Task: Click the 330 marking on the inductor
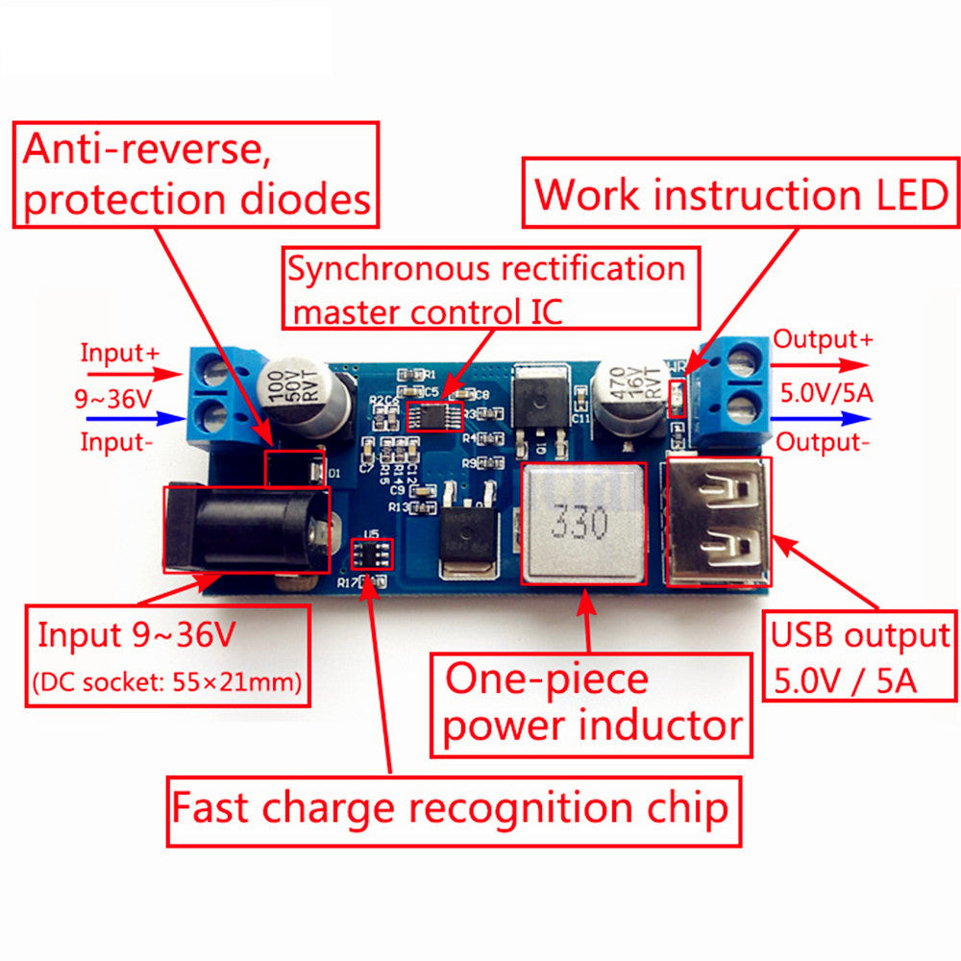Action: point(579,525)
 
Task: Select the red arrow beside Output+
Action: point(822,365)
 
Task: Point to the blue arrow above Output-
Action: point(822,418)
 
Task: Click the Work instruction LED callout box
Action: point(740,194)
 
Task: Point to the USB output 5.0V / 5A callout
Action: point(859,658)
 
